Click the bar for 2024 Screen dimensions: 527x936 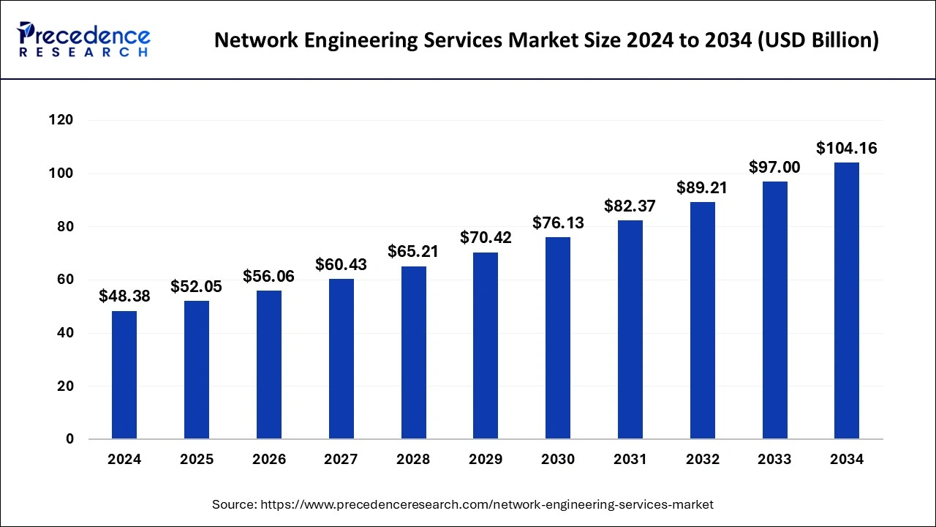pos(124,375)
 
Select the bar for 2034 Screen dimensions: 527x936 pos(847,301)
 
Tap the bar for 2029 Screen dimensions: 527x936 pos(486,345)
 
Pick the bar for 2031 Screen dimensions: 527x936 pos(630,329)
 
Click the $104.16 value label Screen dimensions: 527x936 pos(847,149)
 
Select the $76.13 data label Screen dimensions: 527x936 pos(558,223)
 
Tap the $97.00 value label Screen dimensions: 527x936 pos(774,168)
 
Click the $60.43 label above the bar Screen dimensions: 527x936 pos(341,265)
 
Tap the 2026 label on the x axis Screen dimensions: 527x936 pos(269,460)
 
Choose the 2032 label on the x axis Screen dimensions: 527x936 pos(702,460)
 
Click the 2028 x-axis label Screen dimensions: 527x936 pos(413,460)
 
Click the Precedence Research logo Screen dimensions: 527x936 pos(84,40)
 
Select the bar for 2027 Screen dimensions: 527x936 pos(341,359)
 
